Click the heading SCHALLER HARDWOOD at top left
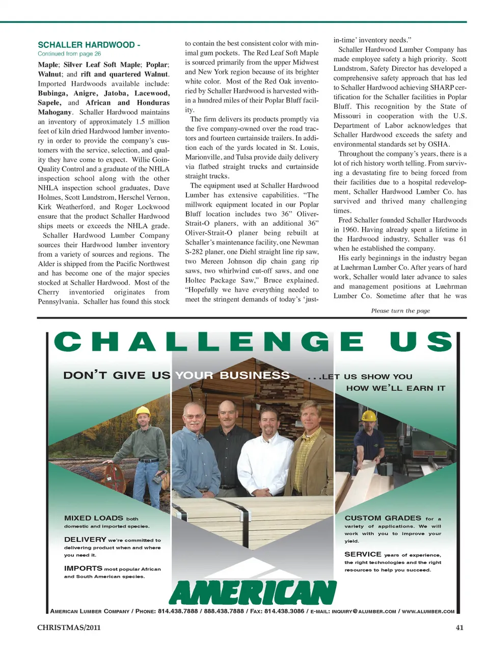coord(86,45)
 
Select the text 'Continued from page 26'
coord(69,54)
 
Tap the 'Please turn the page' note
coord(400,311)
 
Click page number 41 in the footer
coord(459,628)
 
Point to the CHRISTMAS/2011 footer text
coord(69,628)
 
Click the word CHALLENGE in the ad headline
coord(209,342)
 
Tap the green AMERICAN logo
coord(252,592)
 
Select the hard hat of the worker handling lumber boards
coord(368,416)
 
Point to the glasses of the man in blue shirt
coord(194,417)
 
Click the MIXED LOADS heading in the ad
coord(94,518)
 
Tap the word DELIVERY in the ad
coord(85,539)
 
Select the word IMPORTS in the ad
coord(83,568)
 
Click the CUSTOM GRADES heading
coord(383,518)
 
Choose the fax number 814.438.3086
coord(285,611)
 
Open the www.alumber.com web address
coord(428,611)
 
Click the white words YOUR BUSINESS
coord(232,376)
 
